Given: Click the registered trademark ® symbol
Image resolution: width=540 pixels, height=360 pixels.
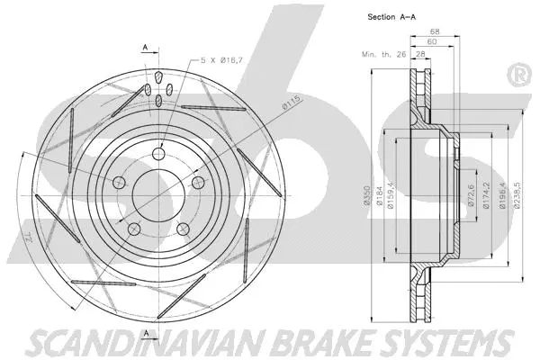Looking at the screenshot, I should point(519,76).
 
